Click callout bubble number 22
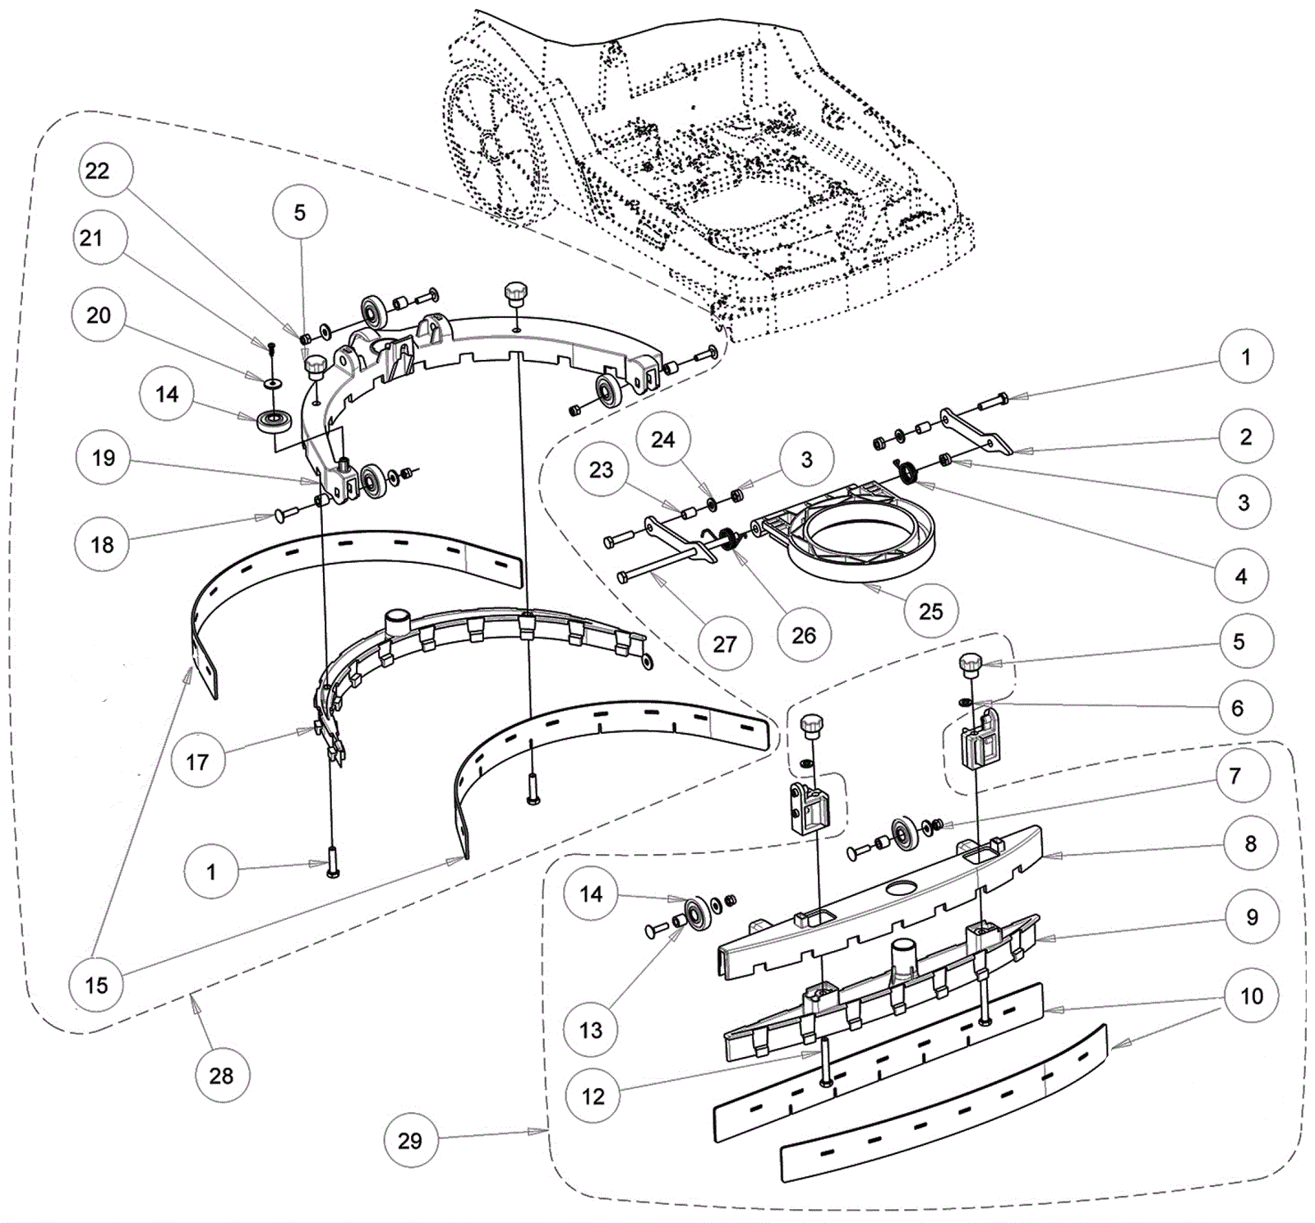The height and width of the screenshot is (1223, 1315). click(97, 170)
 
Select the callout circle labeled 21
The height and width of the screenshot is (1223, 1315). click(91, 238)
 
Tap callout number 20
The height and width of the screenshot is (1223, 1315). click(99, 315)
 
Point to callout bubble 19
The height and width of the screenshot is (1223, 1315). click(103, 458)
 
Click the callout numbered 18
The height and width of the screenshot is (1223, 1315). click(102, 544)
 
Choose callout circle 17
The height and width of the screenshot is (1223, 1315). click(197, 762)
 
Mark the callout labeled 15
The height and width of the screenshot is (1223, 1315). click(96, 985)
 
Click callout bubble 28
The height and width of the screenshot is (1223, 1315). click(221, 1075)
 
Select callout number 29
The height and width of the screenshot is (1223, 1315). click(410, 1140)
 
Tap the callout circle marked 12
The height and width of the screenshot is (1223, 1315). click(593, 1096)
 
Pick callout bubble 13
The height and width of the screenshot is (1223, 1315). click(591, 1030)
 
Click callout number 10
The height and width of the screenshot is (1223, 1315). click(1251, 996)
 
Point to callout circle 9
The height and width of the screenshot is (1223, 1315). click(1252, 916)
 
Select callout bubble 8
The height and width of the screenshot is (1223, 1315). click(1250, 843)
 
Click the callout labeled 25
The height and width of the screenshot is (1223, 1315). click(930, 611)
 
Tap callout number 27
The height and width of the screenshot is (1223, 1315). click(724, 644)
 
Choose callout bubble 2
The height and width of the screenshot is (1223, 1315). click(1245, 436)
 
